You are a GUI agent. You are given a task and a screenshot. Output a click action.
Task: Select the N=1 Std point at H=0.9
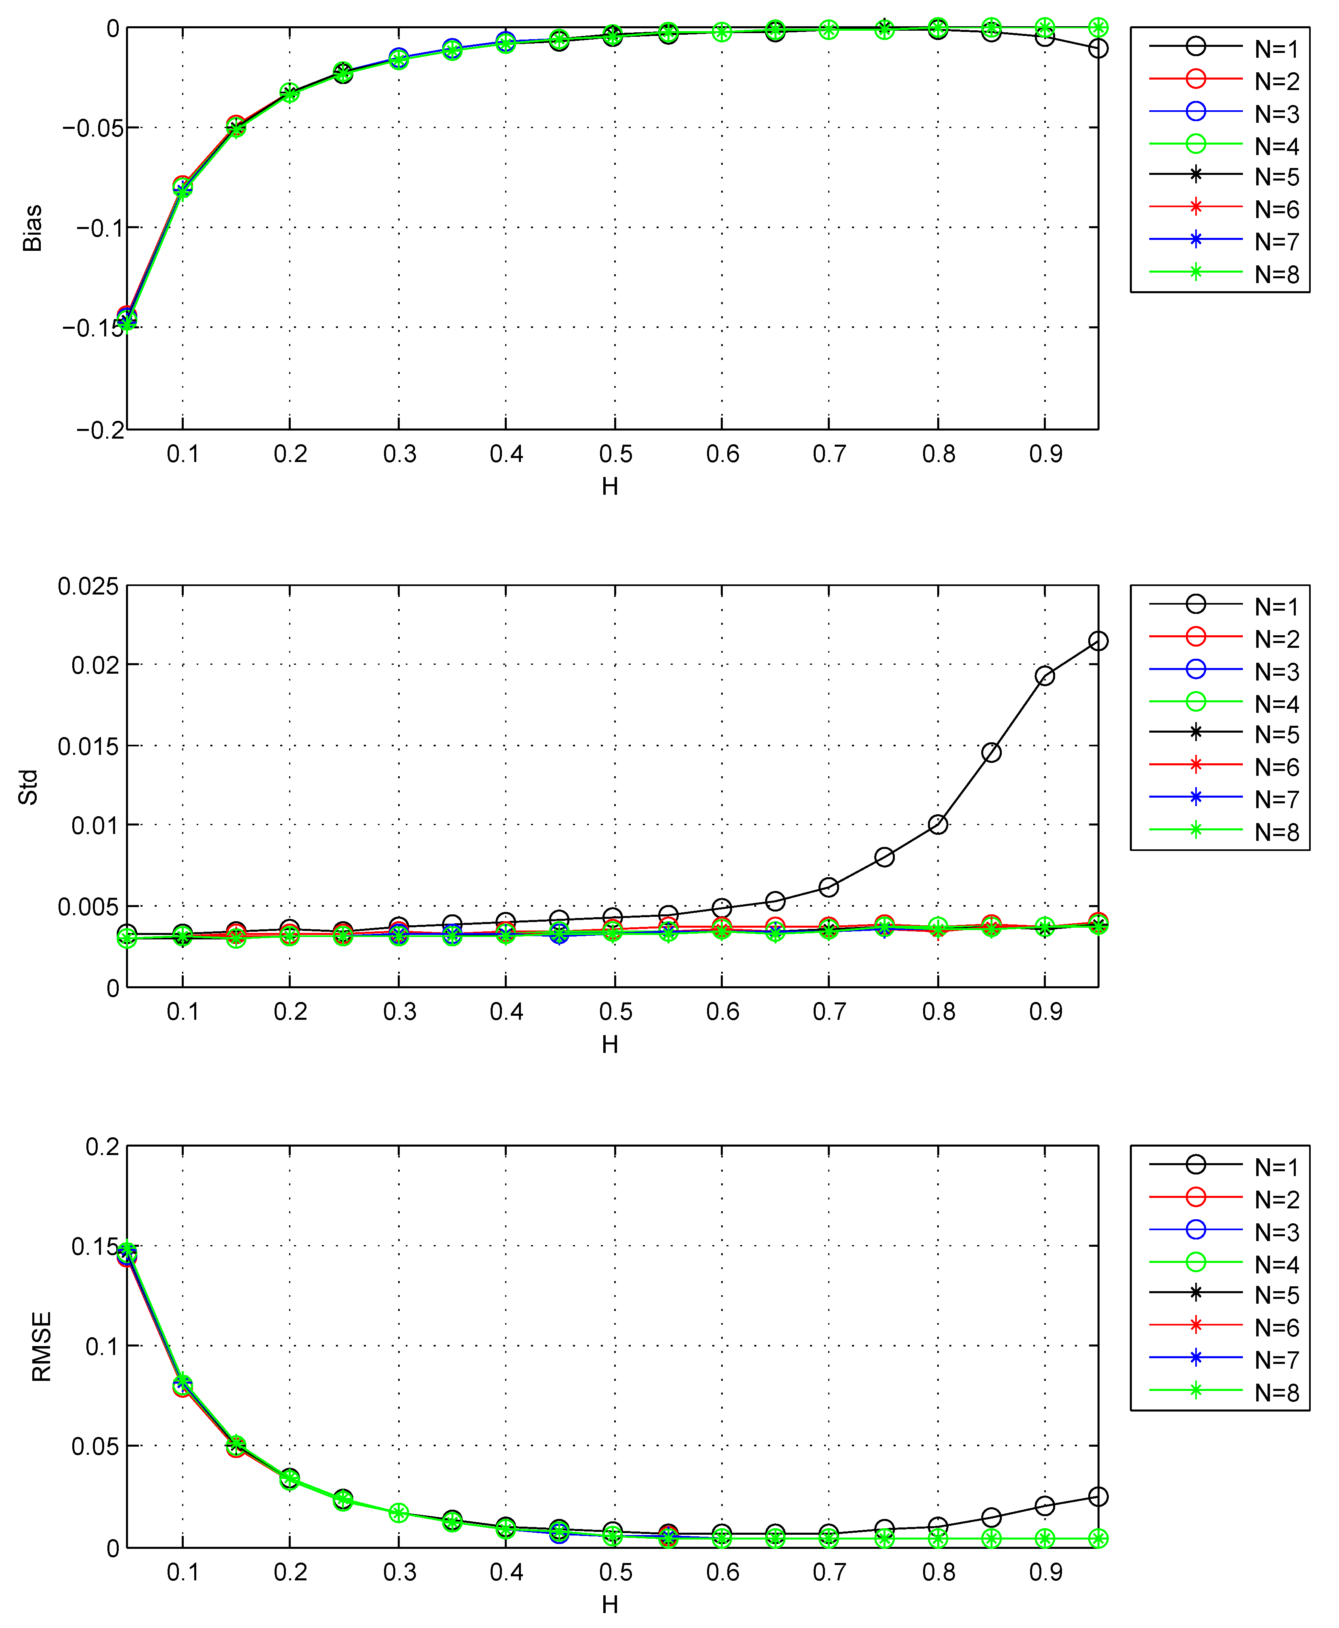tap(1044, 676)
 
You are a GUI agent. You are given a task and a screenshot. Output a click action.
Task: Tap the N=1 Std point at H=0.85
tap(991, 752)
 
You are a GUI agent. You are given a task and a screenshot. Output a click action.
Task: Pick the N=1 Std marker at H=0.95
tap(1098, 641)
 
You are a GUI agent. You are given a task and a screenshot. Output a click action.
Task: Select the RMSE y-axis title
tap(41, 1347)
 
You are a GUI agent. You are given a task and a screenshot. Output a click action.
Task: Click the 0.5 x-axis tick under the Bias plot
tap(615, 454)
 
